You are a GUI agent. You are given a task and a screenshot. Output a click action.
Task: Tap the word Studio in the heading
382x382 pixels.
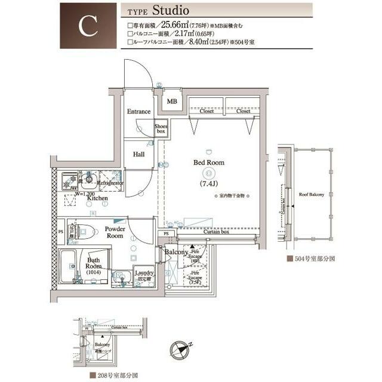[x=170, y=11]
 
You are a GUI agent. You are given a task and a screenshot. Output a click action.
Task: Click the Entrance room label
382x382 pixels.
[x=138, y=112]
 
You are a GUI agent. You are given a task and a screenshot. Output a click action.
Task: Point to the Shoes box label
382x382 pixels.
[x=161, y=128]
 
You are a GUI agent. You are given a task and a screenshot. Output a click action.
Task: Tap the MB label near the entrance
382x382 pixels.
[x=172, y=101]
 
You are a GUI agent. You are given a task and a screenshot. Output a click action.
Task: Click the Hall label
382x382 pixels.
[x=138, y=154]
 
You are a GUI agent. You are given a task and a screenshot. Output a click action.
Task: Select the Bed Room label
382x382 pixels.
[x=208, y=162]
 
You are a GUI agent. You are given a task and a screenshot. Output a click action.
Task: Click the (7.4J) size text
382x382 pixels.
[x=208, y=183]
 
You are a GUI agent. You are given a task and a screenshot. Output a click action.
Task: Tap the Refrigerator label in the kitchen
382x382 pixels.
[x=110, y=183]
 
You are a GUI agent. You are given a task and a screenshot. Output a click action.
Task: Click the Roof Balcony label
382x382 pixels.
[x=310, y=194]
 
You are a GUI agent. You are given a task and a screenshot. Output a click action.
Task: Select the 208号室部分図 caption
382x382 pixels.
[x=116, y=376]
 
